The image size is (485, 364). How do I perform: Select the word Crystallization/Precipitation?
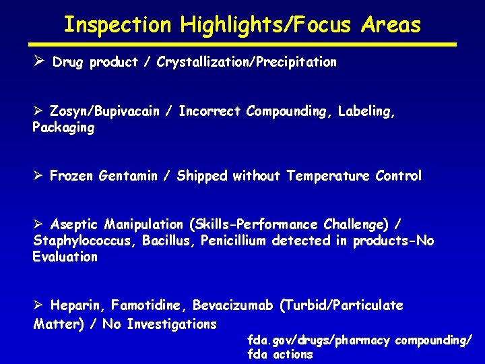[247, 63]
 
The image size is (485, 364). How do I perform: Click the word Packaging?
[63, 127]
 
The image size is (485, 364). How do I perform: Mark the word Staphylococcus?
[85, 241]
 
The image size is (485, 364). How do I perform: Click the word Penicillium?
[233, 241]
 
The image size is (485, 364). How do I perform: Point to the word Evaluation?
[65, 257]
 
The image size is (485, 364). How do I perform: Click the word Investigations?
[172, 324]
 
